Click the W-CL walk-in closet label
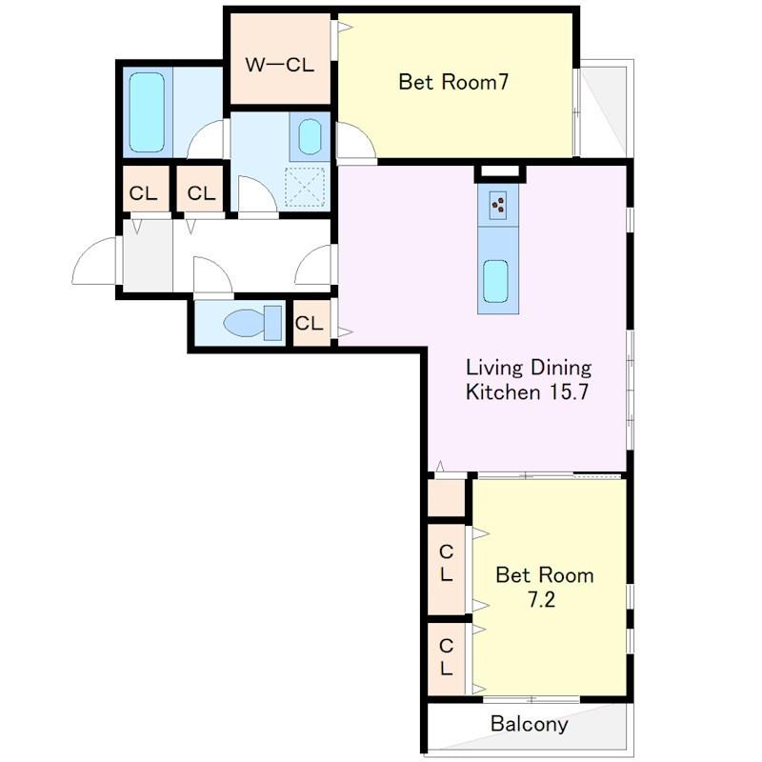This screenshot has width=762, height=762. [279, 65]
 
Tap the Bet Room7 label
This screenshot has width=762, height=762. [453, 82]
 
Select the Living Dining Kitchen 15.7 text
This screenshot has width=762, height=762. [529, 380]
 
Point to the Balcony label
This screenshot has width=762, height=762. [530, 724]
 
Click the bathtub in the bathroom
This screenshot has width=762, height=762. [147, 112]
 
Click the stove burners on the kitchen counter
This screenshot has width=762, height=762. [497, 205]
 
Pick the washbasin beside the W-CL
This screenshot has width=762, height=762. [310, 137]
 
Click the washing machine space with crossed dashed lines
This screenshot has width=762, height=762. [305, 187]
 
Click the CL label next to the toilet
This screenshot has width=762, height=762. [309, 323]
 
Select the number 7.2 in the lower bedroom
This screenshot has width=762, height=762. [541, 600]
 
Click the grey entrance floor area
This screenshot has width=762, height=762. [148, 255]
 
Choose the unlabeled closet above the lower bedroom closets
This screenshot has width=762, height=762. [446, 497]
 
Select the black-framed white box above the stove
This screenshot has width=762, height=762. [500, 173]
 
